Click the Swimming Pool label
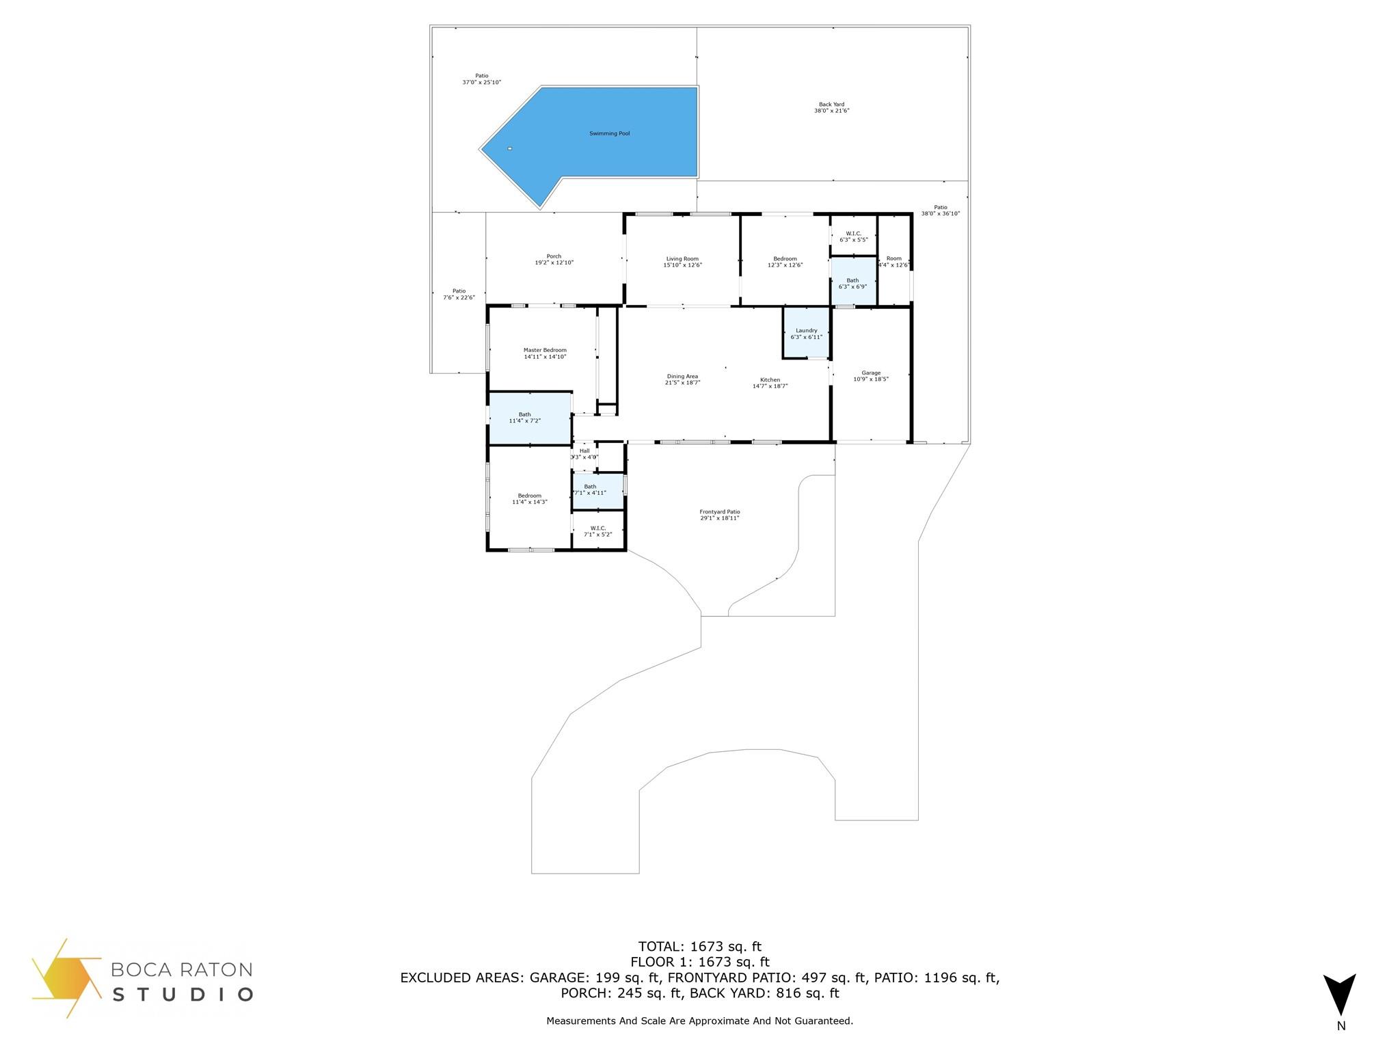[x=609, y=133]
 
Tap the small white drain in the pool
[x=509, y=148]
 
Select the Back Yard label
[x=831, y=107]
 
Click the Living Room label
[x=682, y=262]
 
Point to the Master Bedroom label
[x=545, y=353]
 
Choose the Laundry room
[x=806, y=334]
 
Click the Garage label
[x=871, y=375]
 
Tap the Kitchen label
[x=770, y=383]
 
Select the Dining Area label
[x=682, y=379]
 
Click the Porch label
[x=554, y=259]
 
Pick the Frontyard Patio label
[x=719, y=515]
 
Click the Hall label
[x=584, y=453]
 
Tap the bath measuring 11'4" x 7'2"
[x=525, y=418]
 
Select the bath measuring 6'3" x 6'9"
[x=852, y=283]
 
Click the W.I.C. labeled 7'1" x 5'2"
[x=598, y=530]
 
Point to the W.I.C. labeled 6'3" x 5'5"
[x=853, y=237]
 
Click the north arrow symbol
[x=1340, y=995]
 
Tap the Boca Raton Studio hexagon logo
[x=66, y=978]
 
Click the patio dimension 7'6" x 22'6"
[x=459, y=297]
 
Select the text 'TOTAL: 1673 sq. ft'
[x=699, y=947]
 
